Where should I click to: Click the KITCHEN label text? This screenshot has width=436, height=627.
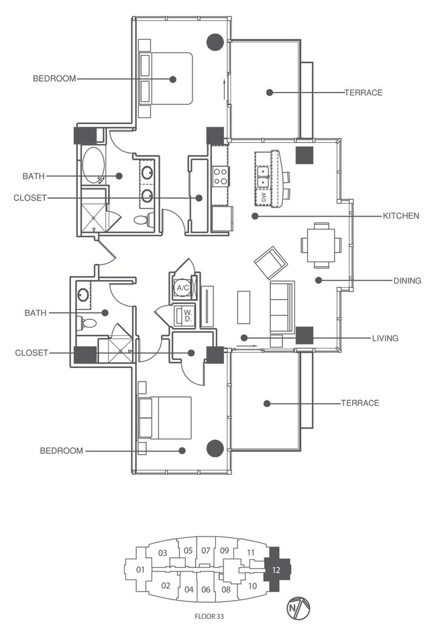point(400,216)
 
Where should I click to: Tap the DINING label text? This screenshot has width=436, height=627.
point(407,281)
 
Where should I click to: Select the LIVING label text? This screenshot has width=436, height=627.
point(385,339)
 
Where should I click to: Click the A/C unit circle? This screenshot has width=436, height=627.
point(181,288)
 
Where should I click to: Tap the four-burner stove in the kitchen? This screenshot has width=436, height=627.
point(221,176)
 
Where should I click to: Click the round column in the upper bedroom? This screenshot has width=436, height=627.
point(215,42)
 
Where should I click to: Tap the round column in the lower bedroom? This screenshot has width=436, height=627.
point(215,448)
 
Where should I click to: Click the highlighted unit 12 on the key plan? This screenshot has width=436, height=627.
point(276,569)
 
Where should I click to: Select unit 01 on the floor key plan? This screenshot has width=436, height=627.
point(140,570)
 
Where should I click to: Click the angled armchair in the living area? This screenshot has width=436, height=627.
point(270,262)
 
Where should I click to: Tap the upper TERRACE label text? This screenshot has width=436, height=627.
point(363,93)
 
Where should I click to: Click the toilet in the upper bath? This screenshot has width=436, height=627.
point(142,219)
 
